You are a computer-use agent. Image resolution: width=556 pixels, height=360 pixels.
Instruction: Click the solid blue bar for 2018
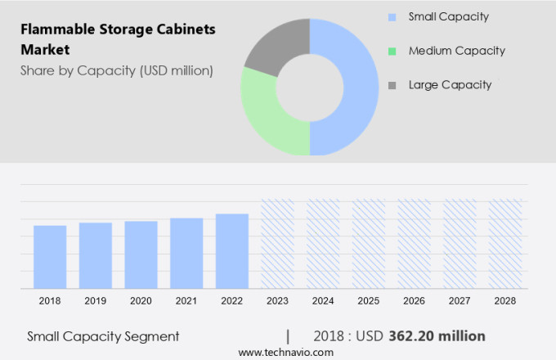tap(50, 257)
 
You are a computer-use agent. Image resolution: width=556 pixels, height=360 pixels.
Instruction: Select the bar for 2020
tap(141, 254)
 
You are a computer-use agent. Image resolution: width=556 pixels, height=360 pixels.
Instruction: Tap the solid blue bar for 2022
tap(232, 251)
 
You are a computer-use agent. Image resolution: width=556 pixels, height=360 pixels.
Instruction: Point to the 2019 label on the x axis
tap(96, 301)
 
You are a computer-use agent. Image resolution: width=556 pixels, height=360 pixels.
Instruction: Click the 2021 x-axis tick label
tap(186, 301)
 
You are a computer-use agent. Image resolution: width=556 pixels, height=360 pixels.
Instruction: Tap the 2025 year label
tap(369, 301)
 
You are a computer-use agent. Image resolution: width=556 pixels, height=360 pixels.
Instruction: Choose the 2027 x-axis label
tap(460, 301)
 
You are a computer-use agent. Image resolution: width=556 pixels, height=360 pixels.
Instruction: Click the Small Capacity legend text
tap(448, 16)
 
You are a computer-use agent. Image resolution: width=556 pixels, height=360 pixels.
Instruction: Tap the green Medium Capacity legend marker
tap(392, 51)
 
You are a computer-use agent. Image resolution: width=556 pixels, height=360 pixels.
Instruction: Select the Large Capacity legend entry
tap(449, 85)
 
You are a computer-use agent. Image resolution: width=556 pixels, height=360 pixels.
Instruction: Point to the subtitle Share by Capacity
tap(116, 70)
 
